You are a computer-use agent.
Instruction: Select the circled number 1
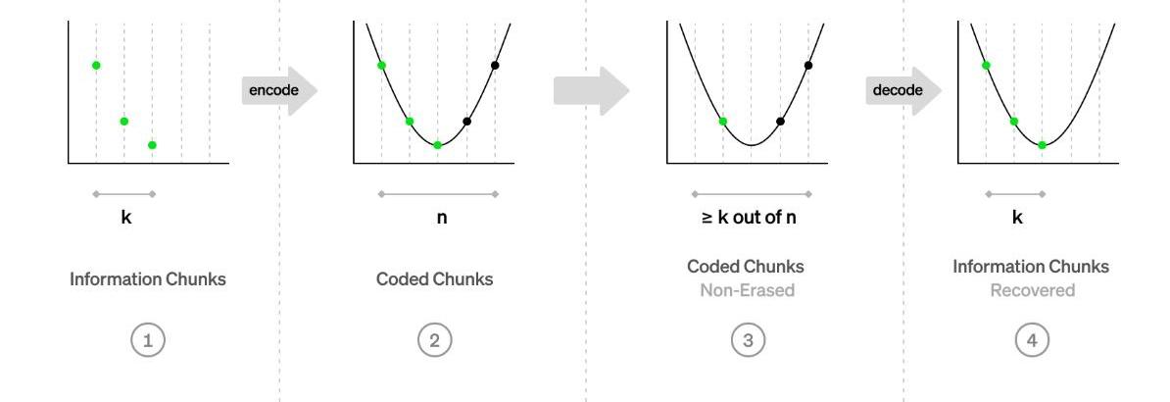coord(148,341)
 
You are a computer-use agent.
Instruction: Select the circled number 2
coord(434,341)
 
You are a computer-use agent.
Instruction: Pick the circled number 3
coord(748,341)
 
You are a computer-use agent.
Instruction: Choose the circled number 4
coord(1032,341)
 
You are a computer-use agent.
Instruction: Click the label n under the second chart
coord(442,219)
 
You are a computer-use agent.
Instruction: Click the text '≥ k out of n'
coord(750,218)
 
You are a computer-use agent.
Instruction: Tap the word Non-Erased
coord(747,290)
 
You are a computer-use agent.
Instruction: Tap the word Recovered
coord(1032,290)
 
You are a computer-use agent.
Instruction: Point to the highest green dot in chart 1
coord(95,65)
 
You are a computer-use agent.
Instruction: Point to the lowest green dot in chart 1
coord(152,145)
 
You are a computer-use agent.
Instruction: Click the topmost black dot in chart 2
coord(495,65)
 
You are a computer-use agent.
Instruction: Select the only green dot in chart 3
coord(722,121)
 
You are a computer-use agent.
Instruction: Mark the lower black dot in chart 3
coord(780,121)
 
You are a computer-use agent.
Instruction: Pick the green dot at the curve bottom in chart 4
coord(1042,145)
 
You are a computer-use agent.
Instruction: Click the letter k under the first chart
coord(126,218)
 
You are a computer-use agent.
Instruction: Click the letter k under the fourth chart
coord(1017,218)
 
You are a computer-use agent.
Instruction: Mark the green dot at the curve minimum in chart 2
coord(437,145)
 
